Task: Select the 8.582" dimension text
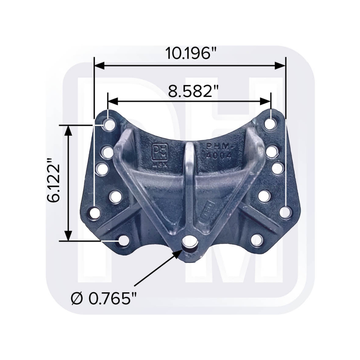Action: point(189,91)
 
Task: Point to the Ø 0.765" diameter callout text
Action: point(105,298)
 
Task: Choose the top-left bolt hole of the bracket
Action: point(108,125)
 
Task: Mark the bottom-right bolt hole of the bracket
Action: point(256,240)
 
